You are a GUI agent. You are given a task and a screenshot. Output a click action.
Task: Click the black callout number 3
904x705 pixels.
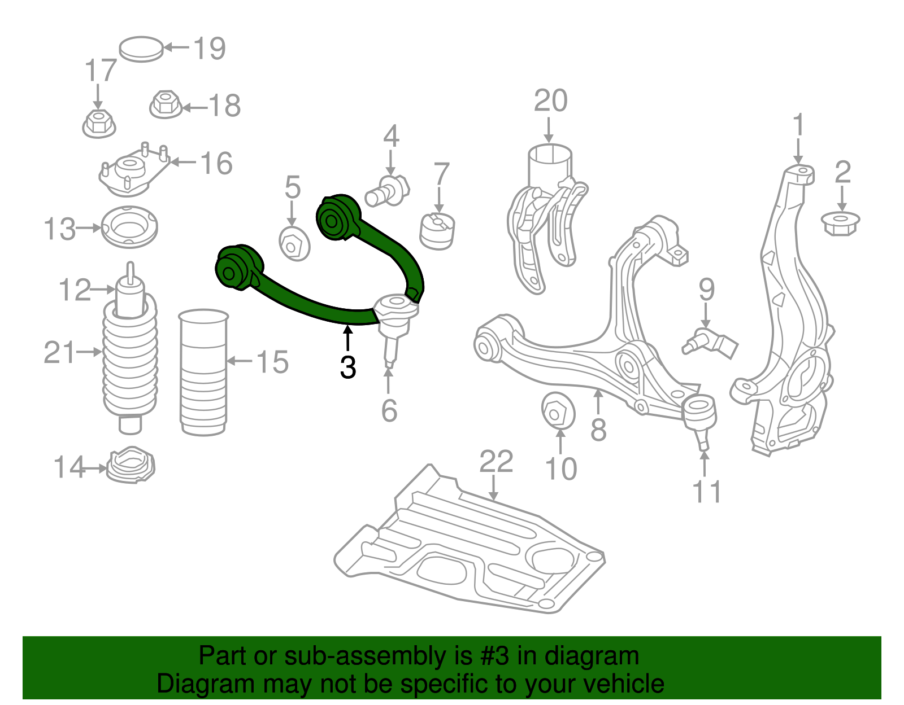[348, 367]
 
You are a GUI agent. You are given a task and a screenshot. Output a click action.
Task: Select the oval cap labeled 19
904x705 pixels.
[141, 49]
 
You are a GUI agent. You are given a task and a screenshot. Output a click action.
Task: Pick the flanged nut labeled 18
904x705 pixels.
[165, 104]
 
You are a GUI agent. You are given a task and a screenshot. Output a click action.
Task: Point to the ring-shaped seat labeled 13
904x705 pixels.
[129, 227]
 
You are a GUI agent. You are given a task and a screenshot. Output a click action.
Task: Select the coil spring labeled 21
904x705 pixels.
[130, 361]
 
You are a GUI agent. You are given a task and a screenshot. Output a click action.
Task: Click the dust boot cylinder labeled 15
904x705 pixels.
[203, 373]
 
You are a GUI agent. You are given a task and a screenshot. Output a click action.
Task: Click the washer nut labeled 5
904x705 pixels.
[294, 244]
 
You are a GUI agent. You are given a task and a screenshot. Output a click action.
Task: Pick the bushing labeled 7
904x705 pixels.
[438, 230]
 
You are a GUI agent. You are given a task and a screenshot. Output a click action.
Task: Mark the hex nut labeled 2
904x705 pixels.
[840, 222]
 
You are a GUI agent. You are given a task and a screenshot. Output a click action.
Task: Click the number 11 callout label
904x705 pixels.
[707, 492]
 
